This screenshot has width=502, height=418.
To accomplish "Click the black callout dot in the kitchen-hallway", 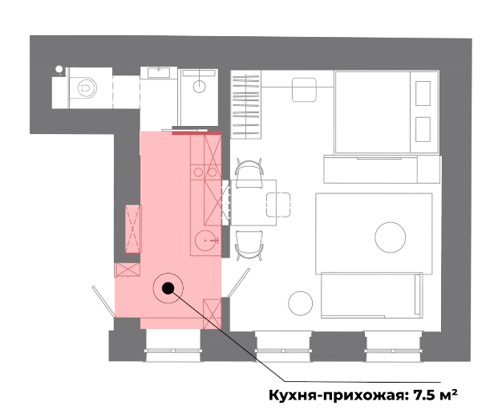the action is [x=168, y=288].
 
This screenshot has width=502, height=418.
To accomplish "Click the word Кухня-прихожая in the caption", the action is [x=337, y=396].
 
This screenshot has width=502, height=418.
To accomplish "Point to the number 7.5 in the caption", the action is [x=423, y=395].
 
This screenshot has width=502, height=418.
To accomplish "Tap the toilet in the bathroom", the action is [x=86, y=87].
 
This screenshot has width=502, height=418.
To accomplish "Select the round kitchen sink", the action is [x=206, y=240].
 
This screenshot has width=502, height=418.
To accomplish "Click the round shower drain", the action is [x=199, y=87].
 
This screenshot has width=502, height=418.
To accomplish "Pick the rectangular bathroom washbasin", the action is [x=159, y=72].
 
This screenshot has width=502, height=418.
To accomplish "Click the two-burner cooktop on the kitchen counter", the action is [x=205, y=172].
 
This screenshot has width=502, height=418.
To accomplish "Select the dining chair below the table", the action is [x=249, y=245].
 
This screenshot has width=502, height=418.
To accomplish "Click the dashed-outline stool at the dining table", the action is [x=278, y=205].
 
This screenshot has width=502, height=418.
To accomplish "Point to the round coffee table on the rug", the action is [x=390, y=237].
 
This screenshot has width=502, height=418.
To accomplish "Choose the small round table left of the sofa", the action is [x=300, y=303].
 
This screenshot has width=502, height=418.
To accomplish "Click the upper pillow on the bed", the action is [x=423, y=93].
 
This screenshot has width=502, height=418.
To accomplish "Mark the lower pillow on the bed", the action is [x=423, y=129].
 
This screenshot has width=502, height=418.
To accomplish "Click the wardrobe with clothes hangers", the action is [x=246, y=105].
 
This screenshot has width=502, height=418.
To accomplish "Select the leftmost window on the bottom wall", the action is [x=173, y=347].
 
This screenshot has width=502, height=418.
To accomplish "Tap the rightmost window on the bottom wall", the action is [x=393, y=347].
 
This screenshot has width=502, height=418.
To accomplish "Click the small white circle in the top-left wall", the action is [x=59, y=69].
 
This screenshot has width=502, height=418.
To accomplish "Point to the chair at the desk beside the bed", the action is [x=304, y=90].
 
